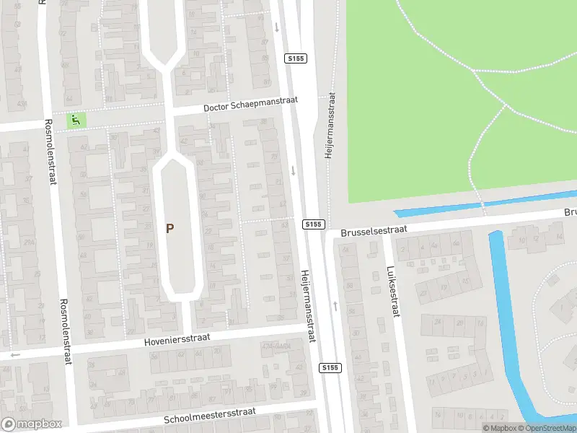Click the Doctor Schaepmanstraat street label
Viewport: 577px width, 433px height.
[x=260, y=106]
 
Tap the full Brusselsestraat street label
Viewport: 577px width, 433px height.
[x=375, y=229]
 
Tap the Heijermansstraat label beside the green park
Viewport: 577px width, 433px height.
[x=330, y=125]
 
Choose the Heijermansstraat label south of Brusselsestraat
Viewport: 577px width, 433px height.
[x=308, y=306]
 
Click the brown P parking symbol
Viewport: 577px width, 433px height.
[x=170, y=229]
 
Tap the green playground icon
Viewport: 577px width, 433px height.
[x=75, y=120]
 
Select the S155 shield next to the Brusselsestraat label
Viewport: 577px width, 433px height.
[x=312, y=224]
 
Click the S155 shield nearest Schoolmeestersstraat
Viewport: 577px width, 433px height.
[x=330, y=368]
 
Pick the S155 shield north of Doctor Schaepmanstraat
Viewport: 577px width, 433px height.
[x=294, y=58]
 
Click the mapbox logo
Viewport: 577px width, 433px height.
[x=31, y=424]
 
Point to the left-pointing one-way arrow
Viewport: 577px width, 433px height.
[x=14, y=354]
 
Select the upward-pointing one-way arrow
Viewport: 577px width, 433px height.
[x=335, y=305]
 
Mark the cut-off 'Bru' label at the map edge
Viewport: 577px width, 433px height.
[x=570, y=213]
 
